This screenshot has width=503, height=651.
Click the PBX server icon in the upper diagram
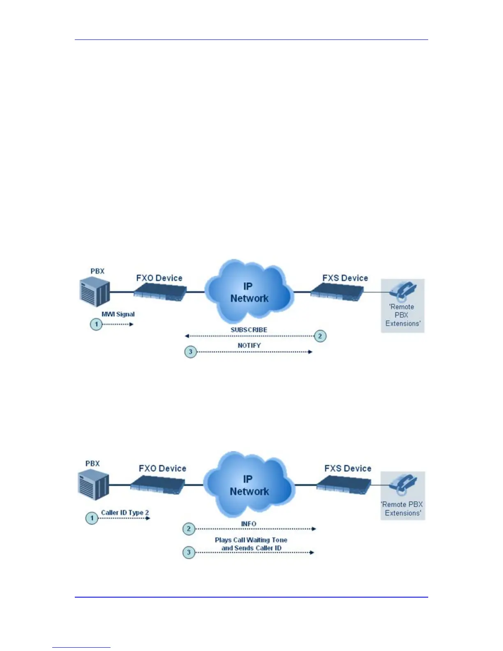[95, 291]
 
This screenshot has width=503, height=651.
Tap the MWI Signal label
[118, 314]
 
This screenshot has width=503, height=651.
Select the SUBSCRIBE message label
[249, 330]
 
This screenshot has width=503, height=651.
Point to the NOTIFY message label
[249, 346]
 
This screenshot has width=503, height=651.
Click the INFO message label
[249, 524]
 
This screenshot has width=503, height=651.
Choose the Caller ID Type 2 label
[125, 512]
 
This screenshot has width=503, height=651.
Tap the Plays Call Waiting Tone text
[251, 540]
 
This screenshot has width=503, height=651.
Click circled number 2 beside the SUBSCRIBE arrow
[320, 336]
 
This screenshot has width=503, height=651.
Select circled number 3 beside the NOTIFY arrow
[190, 352]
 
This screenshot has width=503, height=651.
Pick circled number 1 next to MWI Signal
[96, 324]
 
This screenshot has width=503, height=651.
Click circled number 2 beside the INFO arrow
[189, 529]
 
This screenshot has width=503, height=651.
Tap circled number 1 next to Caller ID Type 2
[92, 518]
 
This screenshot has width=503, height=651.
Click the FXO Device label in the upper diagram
[159, 278]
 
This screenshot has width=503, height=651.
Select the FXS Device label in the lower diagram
[348, 469]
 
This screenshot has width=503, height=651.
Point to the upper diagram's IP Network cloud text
[249, 293]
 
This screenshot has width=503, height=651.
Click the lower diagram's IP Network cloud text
[249, 485]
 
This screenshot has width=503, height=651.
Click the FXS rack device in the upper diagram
[337, 293]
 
